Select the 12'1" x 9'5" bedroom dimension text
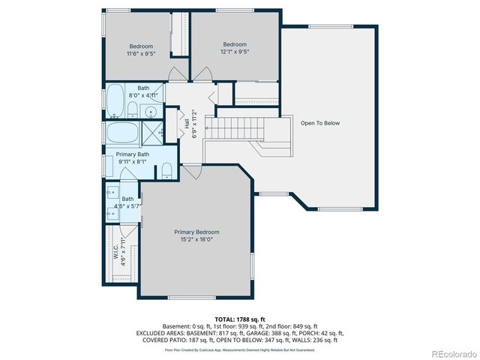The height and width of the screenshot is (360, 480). click(x=235, y=52)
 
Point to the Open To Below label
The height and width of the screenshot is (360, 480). click(x=320, y=123)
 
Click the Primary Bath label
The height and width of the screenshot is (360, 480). click(x=132, y=154)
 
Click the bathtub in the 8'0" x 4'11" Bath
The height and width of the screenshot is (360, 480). click(x=115, y=97)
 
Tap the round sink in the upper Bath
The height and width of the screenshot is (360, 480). click(x=151, y=112)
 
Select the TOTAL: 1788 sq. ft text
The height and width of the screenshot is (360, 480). click(x=240, y=319)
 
